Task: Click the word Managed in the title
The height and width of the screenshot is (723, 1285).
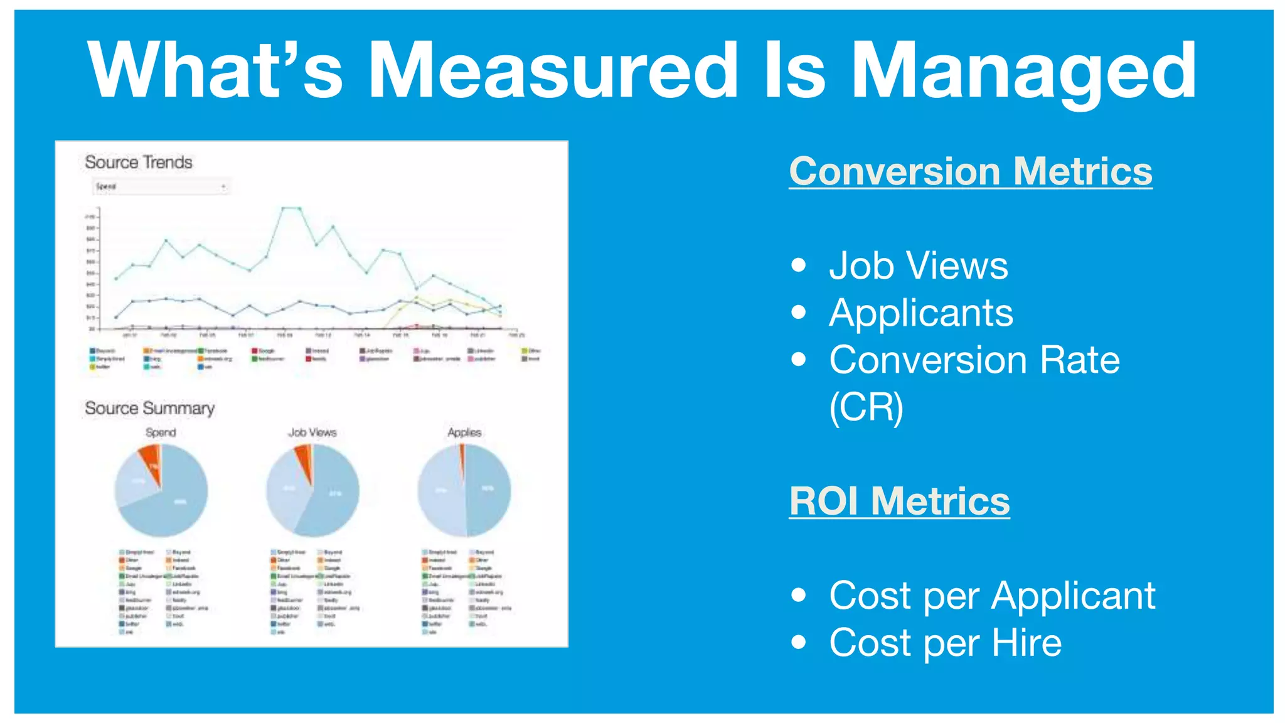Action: point(1023,70)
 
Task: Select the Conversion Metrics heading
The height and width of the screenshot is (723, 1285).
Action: point(970,171)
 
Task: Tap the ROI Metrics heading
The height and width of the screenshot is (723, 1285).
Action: point(899,501)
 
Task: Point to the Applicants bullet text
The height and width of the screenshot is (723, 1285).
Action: point(920,313)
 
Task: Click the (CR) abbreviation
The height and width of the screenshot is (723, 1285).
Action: point(866,408)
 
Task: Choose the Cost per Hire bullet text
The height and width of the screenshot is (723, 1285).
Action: point(945,643)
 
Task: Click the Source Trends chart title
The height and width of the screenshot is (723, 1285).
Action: point(139,162)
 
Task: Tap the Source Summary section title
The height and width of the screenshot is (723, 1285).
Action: point(149,408)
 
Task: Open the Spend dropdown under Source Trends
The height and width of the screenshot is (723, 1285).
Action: point(161,186)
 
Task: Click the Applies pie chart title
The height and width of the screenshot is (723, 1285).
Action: point(464,432)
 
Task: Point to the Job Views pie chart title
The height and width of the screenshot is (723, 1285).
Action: point(312,432)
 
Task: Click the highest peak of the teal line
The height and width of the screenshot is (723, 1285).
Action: point(291,208)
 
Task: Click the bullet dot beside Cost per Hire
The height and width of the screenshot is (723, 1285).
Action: point(798,642)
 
